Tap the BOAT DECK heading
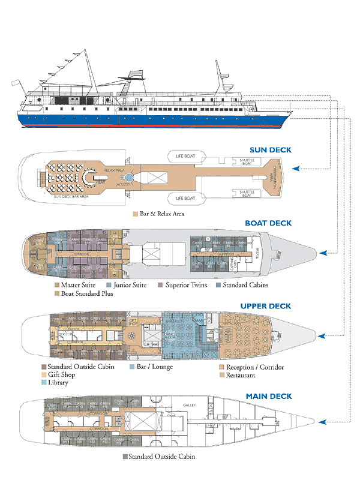[x=268, y=223]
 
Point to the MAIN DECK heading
[x=269, y=397]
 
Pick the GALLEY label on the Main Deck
[x=190, y=406]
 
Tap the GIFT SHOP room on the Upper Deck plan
[x=133, y=320]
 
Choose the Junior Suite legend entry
[x=129, y=285]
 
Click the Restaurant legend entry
[x=239, y=375]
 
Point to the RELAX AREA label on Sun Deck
[x=114, y=171]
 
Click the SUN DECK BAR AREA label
[x=71, y=197]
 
